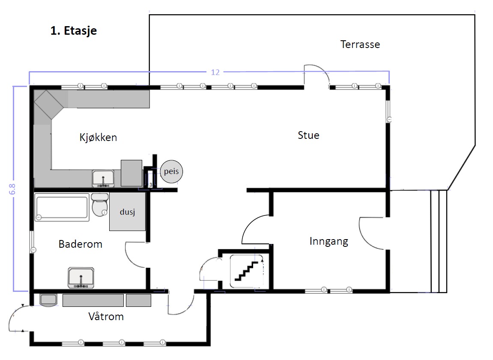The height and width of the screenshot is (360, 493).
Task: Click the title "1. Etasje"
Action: click(x=73, y=31)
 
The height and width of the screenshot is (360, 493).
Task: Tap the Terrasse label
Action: click(x=360, y=44)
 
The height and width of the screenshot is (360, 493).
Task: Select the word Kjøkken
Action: click(x=98, y=138)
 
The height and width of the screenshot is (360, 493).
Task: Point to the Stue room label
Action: click(x=308, y=135)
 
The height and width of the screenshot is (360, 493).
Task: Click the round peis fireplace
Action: click(x=171, y=172)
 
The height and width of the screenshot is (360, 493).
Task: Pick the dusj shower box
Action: click(x=127, y=212)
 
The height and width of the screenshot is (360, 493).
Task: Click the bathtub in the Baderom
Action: click(x=63, y=208)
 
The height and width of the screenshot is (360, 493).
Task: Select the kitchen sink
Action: click(x=103, y=178)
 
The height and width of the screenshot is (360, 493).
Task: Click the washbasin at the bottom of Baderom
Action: click(x=81, y=277)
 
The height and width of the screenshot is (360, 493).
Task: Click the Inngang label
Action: click(x=329, y=241)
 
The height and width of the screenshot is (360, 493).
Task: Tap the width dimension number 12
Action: click(x=215, y=72)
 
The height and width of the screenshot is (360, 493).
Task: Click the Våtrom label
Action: click(x=106, y=317)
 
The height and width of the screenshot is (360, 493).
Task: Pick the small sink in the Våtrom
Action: click(x=48, y=299)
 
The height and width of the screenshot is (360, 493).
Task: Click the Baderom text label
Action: click(x=81, y=244)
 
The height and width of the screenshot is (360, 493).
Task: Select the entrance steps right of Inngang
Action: click(x=438, y=241)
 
